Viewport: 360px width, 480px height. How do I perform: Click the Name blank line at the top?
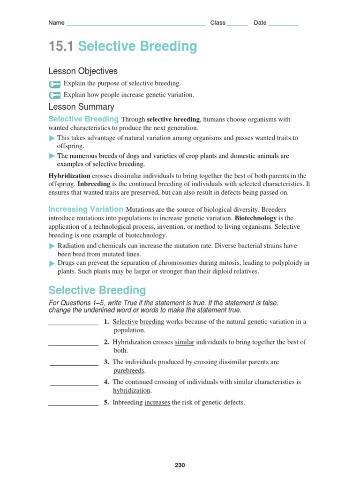coord(135,24)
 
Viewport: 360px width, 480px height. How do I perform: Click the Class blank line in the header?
coord(237,24)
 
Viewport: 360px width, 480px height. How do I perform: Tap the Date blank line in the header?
coord(283,24)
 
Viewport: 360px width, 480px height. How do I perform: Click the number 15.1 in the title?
coord(61,46)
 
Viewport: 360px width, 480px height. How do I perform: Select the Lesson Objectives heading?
coord(83,71)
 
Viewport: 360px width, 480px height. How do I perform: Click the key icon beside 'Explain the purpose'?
coord(55,84)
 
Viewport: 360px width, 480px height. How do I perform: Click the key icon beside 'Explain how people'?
coord(55,95)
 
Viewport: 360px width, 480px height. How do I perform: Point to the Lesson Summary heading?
coord(81,107)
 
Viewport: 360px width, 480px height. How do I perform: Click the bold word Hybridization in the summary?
coord(69,176)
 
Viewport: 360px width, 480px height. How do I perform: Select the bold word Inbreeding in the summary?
coord(94,184)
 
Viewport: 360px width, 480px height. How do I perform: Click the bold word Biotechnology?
coord(255,218)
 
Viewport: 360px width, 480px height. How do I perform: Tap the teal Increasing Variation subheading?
coord(86,209)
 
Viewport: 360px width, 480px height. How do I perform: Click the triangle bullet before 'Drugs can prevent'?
coord(52,263)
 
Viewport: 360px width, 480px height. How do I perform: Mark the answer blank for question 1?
coord(73,323)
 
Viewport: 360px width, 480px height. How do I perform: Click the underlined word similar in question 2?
coord(184,342)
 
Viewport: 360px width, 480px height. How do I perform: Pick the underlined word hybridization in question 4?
coord(132,390)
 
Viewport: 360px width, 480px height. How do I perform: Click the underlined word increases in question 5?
coord(157,402)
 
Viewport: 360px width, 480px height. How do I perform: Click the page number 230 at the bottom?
coord(180,465)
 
